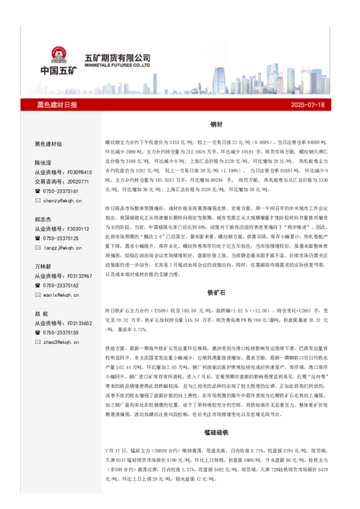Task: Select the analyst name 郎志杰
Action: (44, 219)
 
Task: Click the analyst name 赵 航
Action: (42, 314)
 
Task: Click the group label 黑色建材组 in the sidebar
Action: (48, 144)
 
